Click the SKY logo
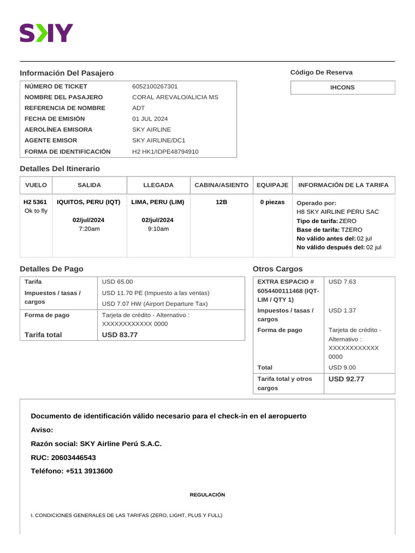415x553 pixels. click(x=46, y=33)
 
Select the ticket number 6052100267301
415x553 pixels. click(x=155, y=86)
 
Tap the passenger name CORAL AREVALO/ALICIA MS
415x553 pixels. click(x=175, y=97)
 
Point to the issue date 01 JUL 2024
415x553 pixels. click(x=150, y=119)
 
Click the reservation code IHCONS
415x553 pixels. click(x=343, y=87)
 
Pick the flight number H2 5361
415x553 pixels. click(x=35, y=202)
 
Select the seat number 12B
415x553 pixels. click(x=222, y=202)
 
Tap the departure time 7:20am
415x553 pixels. click(x=89, y=229)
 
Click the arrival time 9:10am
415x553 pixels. click(x=158, y=229)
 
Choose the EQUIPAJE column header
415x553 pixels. click(x=273, y=185)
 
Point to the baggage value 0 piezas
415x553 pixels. click(x=272, y=202)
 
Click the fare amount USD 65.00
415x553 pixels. click(x=117, y=281)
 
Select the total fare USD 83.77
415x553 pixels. click(x=120, y=335)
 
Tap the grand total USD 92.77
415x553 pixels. click(x=346, y=379)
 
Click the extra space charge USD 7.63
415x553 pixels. click(x=342, y=281)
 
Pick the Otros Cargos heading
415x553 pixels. click(x=278, y=269)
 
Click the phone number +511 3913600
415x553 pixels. click(x=89, y=471)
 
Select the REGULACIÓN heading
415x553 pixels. click(x=207, y=495)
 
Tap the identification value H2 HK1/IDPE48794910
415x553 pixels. click(x=165, y=152)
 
